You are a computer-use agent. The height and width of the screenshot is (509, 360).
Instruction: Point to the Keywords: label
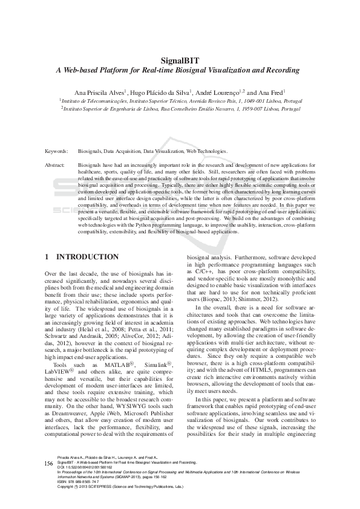click(x=57, y=151)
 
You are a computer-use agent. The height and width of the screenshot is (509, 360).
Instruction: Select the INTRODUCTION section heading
click(x=87, y=257)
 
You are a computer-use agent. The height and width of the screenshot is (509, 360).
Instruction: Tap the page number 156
click(x=50, y=479)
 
